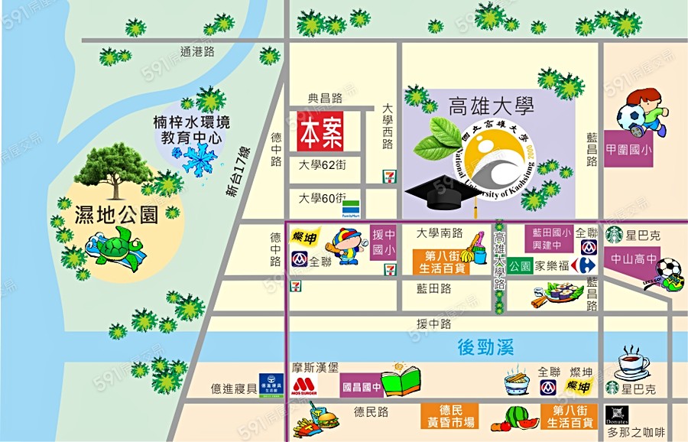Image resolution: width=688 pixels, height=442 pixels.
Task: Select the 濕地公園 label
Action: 116,214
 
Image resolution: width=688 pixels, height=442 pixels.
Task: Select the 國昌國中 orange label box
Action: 361,386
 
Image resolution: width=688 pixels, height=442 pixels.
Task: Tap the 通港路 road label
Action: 197,52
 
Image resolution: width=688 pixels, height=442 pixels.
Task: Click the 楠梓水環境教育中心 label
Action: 191,130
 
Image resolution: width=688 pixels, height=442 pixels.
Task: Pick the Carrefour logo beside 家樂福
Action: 586,265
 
